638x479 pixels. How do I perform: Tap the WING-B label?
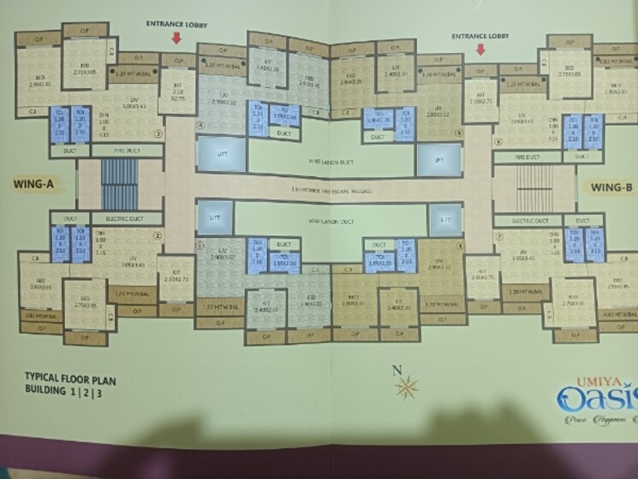611,187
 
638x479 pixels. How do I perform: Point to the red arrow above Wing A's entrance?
177,38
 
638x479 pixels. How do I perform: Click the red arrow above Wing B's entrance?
480,49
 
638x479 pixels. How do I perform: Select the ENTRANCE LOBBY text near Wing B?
480,36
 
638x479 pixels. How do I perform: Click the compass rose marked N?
405,386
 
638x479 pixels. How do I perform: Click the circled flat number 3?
157,133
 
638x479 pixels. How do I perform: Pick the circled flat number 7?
498,234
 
